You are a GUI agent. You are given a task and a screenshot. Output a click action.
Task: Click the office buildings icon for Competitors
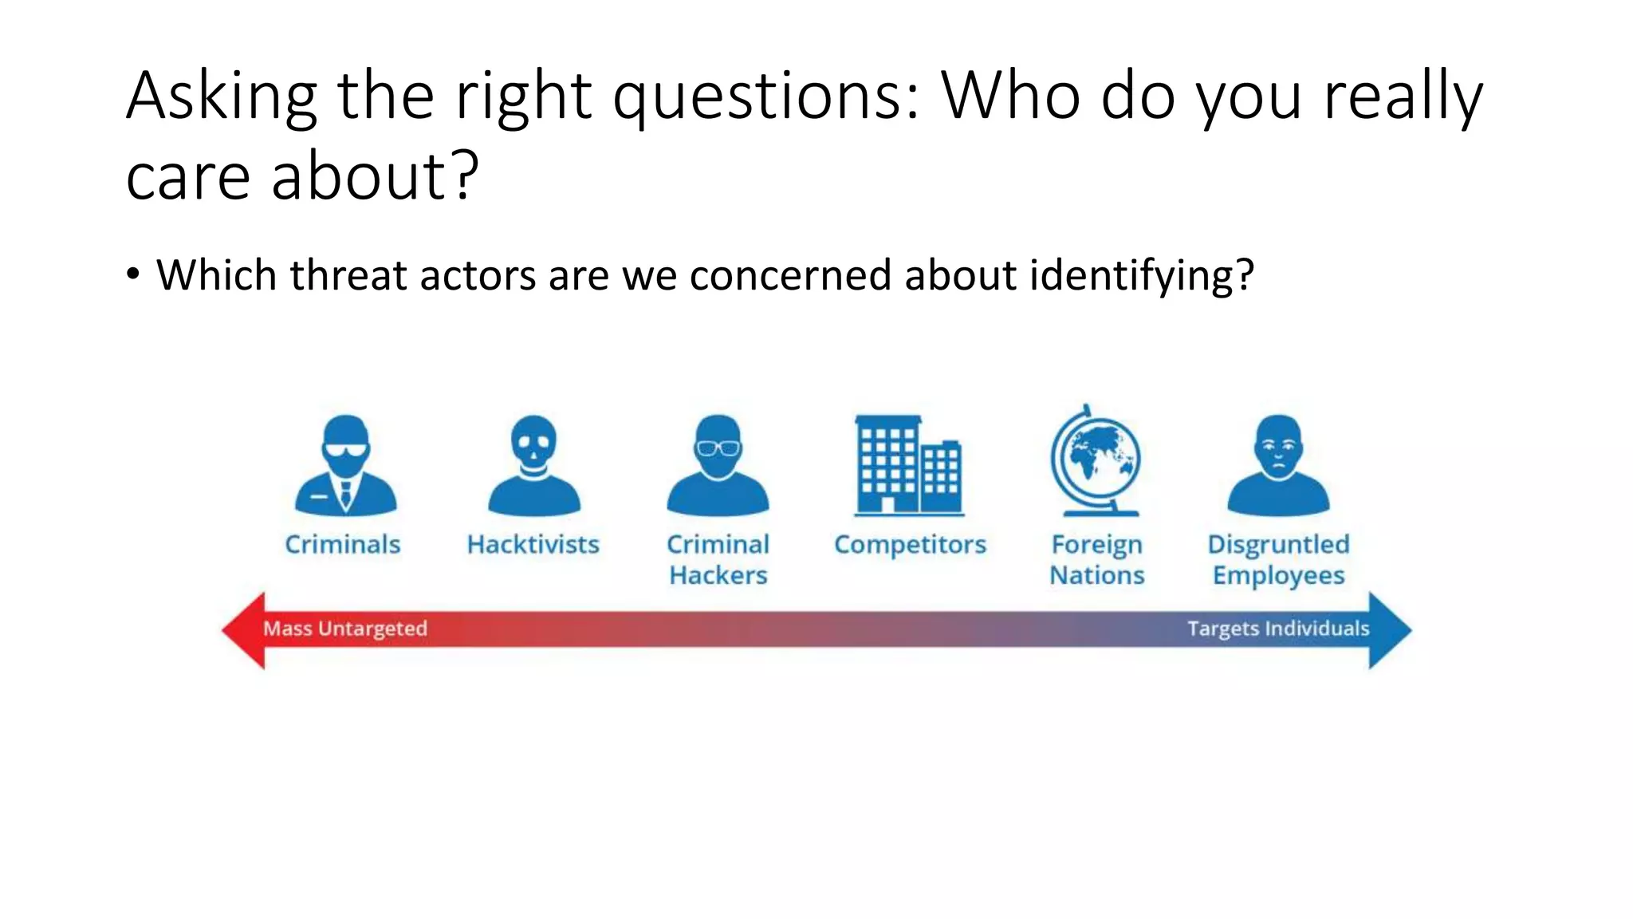click(x=908, y=466)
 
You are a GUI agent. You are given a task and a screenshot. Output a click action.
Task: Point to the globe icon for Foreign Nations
click(x=1096, y=461)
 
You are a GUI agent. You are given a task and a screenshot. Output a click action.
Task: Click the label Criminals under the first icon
click(x=343, y=545)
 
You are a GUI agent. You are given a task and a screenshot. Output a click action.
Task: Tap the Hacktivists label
click(x=533, y=545)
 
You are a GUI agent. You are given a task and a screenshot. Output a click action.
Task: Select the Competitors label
click(x=910, y=545)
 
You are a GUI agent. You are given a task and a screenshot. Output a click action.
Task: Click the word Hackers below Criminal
click(x=718, y=575)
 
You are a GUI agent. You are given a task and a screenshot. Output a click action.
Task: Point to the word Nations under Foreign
click(x=1096, y=575)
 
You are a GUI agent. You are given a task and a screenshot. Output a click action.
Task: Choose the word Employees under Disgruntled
click(x=1278, y=576)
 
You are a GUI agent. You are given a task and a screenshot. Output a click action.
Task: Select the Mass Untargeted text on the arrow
click(x=345, y=629)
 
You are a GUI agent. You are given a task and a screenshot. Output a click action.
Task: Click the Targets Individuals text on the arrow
click(x=1278, y=629)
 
